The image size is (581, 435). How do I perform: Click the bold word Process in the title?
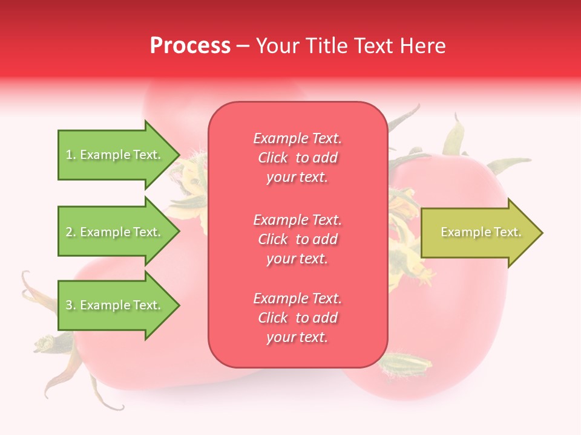190,46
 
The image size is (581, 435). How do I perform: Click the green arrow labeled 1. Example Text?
115,155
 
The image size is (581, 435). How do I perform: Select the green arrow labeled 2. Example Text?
115,232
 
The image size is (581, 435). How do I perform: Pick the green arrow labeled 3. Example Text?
115,305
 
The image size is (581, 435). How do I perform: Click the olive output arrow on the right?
478,233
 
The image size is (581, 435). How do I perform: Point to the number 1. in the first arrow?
71,155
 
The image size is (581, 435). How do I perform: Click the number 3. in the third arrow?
71,306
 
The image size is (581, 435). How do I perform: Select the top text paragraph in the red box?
297,158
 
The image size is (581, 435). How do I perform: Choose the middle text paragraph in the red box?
297,239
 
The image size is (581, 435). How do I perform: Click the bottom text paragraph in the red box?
297,318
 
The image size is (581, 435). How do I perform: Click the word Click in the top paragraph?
273,158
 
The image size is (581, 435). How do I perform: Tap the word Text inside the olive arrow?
507,233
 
